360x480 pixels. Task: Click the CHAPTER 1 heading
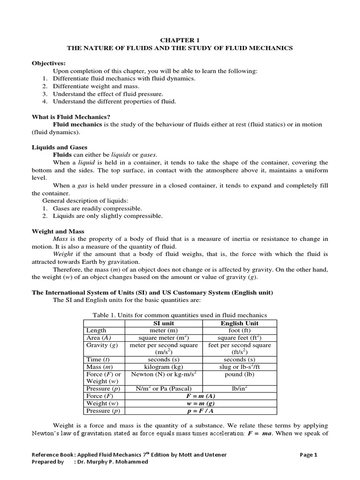coord(180,40)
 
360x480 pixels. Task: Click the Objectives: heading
coord(49,63)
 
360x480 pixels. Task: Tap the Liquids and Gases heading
coord(59,147)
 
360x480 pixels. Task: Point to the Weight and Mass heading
coord(58,232)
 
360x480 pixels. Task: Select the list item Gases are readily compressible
coord(97,208)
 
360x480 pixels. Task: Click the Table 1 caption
coord(180,315)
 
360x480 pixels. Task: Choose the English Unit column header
coord(240,323)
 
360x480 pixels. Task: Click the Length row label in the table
coord(97,330)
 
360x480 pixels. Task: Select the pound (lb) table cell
coord(240,374)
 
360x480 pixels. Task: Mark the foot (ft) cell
coord(240,330)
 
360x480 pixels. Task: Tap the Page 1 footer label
coord(309,454)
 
